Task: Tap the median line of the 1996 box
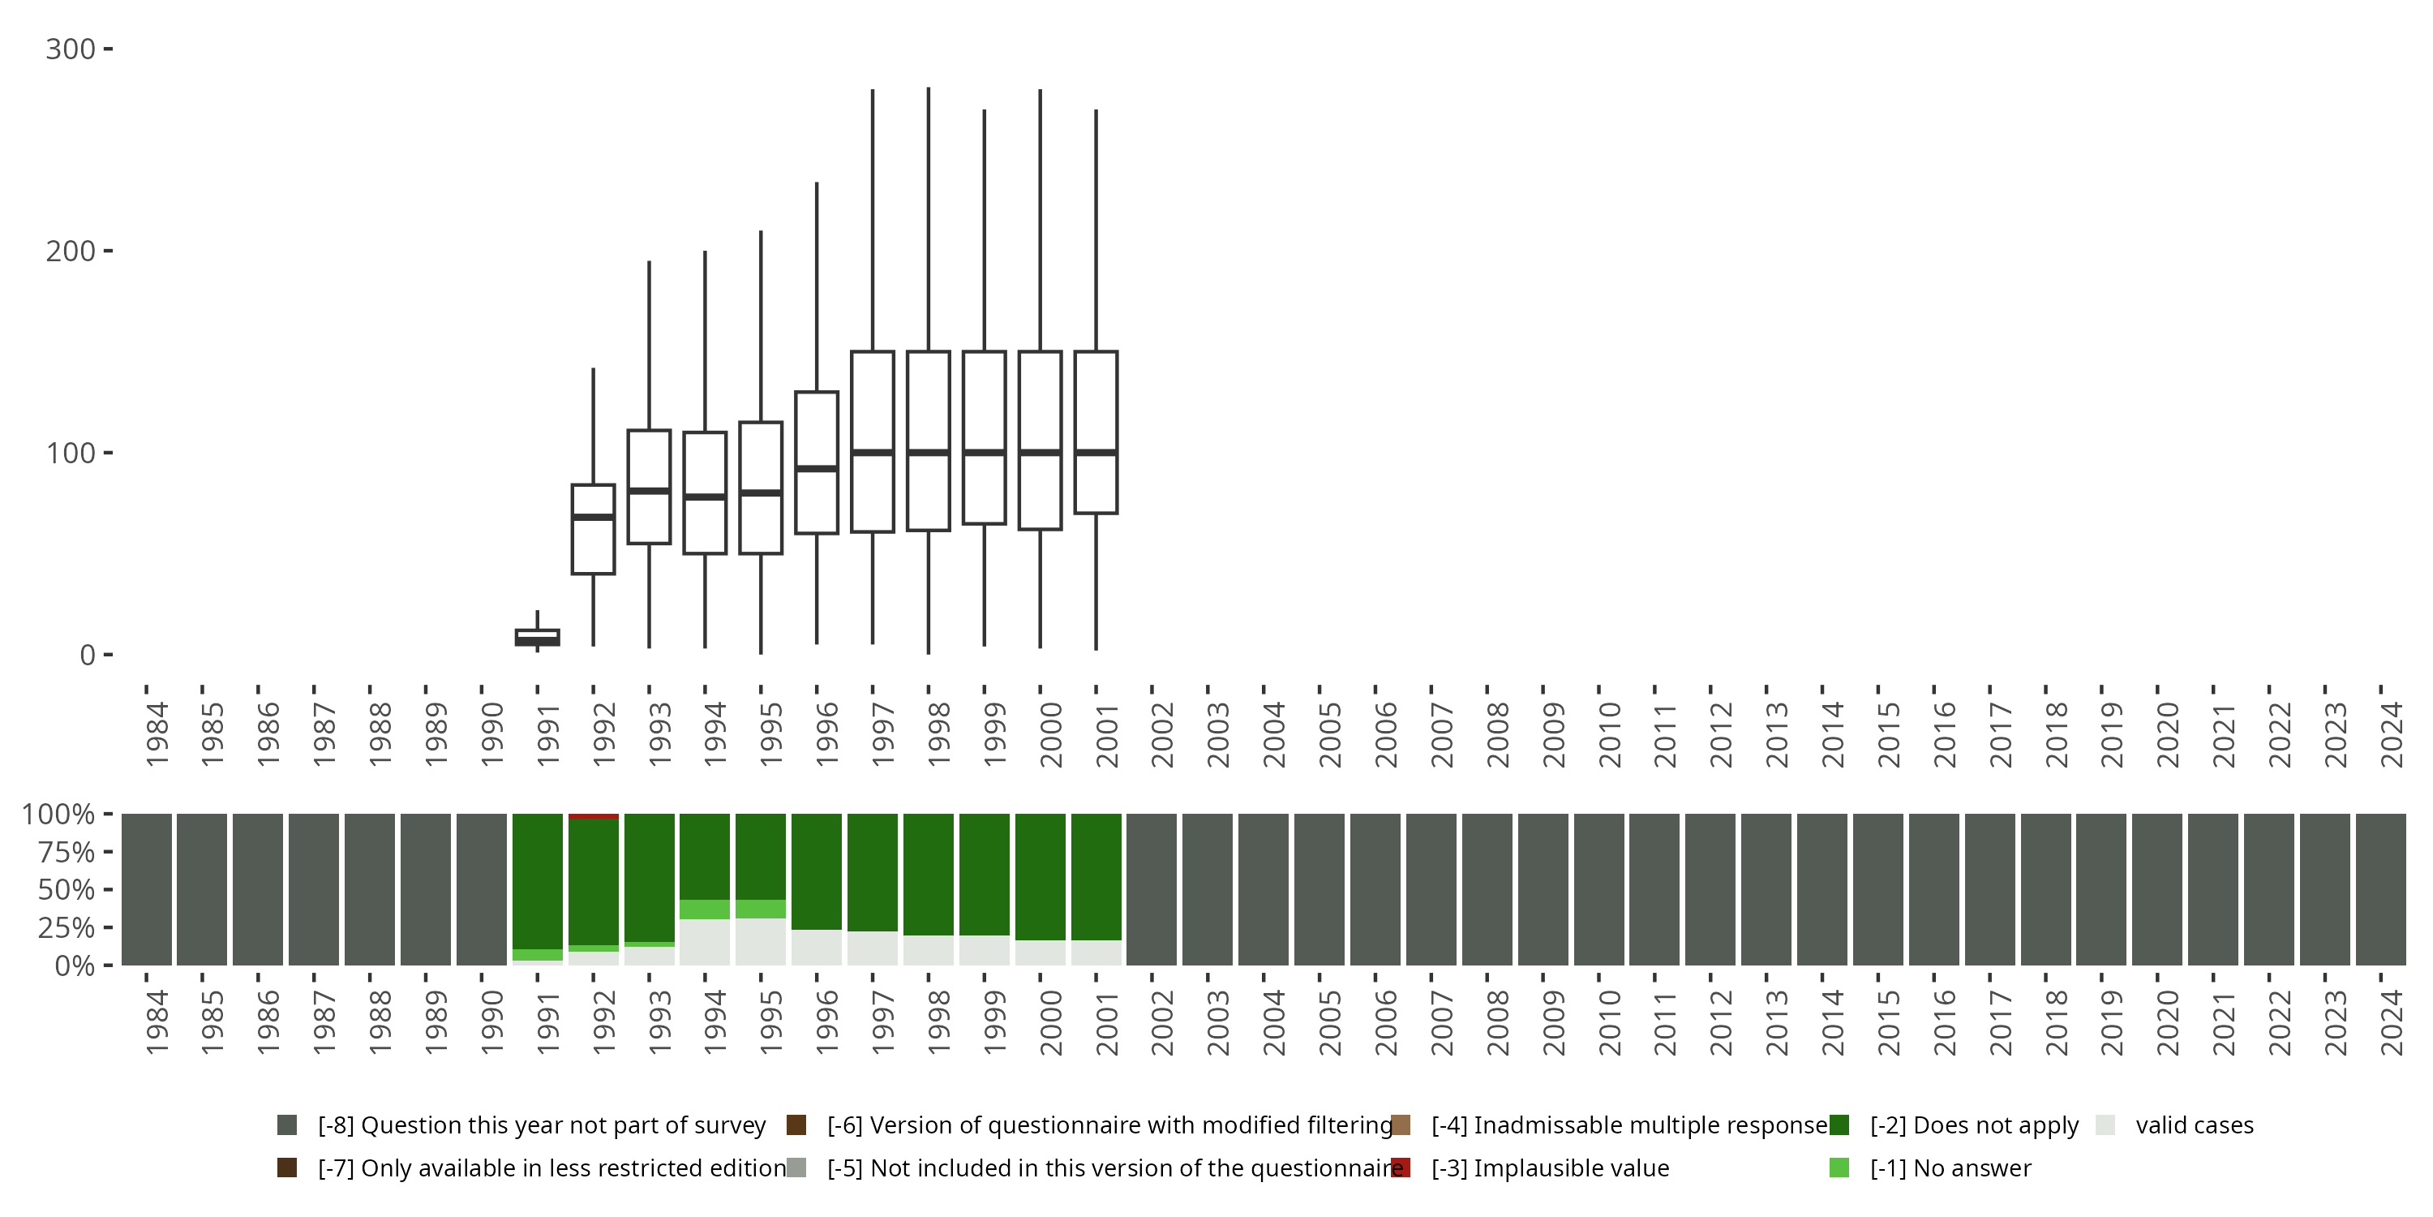(817, 467)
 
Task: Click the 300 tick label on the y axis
(70, 49)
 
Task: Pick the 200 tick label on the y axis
(70, 252)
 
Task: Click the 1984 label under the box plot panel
(157, 733)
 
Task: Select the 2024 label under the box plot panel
(2392, 733)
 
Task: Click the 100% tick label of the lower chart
(58, 815)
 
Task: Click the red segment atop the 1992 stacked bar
(593, 816)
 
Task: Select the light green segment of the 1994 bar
(705, 909)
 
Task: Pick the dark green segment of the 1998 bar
(929, 874)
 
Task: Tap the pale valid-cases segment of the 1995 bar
(761, 941)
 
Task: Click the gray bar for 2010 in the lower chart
(1599, 889)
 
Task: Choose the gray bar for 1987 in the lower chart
(314, 889)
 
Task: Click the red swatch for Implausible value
(1401, 1168)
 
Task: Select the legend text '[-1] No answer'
(1950, 1168)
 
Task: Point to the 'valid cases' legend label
(2194, 1125)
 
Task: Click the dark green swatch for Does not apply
(1839, 1125)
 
